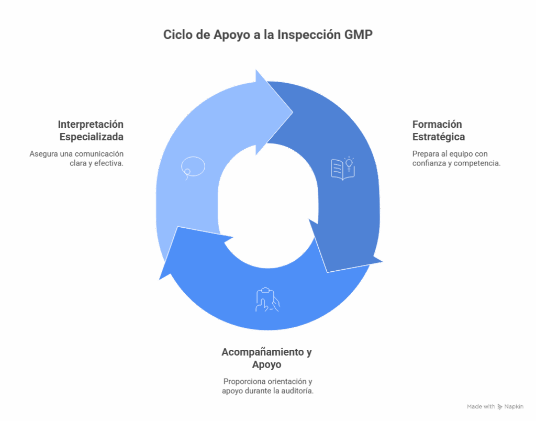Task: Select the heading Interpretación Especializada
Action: [91, 130]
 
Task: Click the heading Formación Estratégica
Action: [439, 130]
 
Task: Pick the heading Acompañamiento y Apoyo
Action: [266, 358]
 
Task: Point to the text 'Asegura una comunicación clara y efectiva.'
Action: [76, 158]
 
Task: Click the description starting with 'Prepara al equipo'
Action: [456, 158]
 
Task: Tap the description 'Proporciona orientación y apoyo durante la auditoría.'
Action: [267, 386]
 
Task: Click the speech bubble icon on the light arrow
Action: [193, 168]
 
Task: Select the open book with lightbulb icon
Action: [343, 168]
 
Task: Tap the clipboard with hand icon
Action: [267, 300]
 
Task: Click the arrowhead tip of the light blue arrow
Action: [293, 112]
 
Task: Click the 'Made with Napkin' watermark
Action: [495, 407]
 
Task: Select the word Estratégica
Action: [439, 137]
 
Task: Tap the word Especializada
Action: [91, 137]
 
